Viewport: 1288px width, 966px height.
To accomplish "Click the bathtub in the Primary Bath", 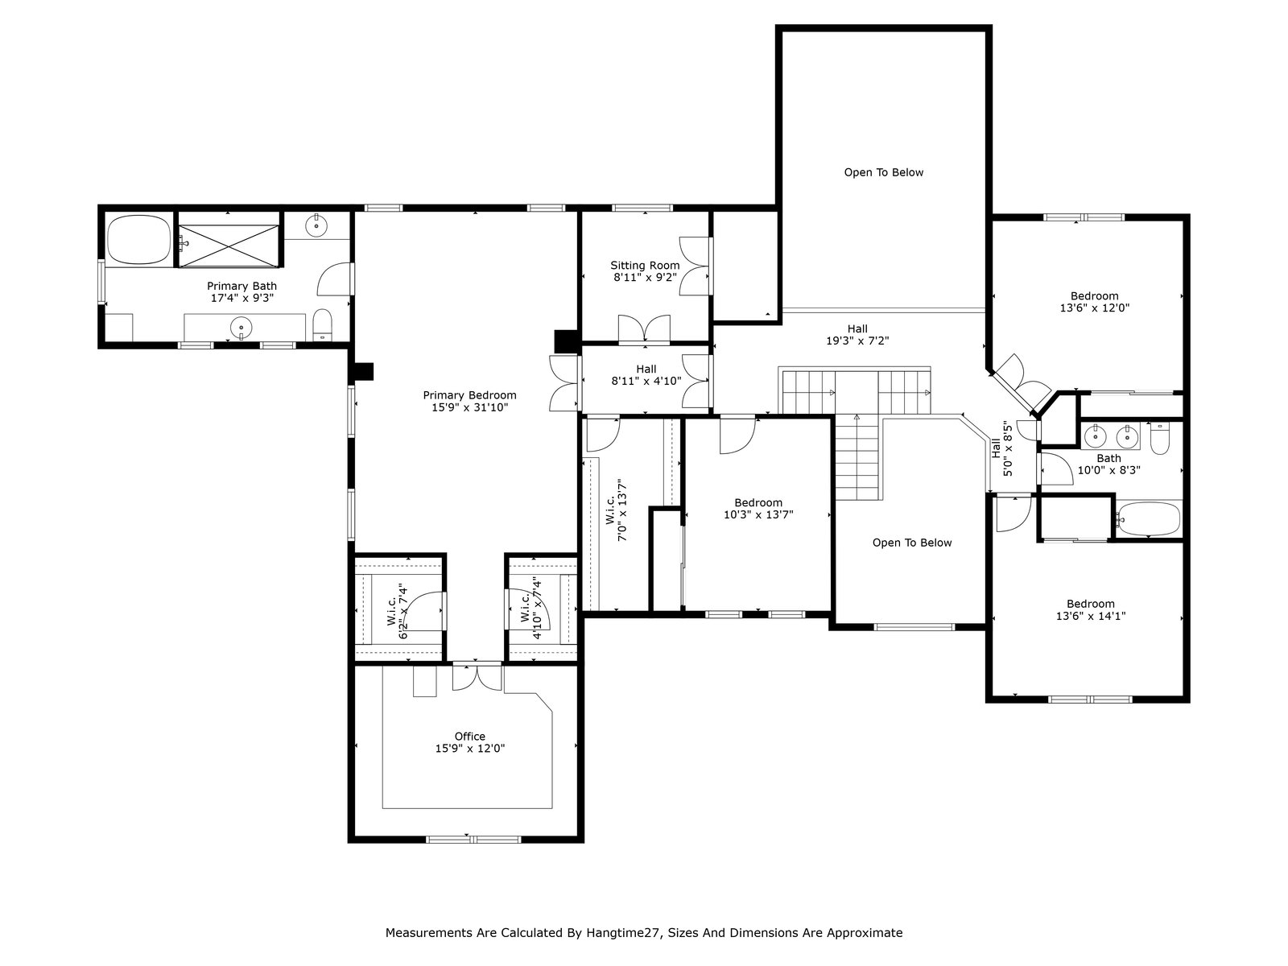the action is [x=139, y=240].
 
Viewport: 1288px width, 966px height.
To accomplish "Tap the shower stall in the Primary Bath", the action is [x=229, y=246].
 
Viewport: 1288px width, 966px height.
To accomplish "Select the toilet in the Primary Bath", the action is [x=322, y=325].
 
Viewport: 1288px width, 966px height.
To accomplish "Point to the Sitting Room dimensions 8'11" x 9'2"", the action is [x=645, y=278].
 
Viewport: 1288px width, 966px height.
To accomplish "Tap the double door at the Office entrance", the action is [x=477, y=678].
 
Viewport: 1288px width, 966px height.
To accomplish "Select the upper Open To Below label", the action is [x=884, y=172].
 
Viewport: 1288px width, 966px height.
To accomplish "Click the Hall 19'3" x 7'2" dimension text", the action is [x=857, y=341].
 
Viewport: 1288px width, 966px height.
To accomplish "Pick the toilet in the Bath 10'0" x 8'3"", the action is [x=1159, y=439].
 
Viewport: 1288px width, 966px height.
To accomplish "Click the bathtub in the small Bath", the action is [x=1149, y=519].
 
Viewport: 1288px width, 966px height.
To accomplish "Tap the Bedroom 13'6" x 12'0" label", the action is [x=1094, y=301].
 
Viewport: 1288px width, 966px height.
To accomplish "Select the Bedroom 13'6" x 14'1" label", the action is [x=1090, y=609].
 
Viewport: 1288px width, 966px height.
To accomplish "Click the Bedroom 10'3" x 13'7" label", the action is [x=758, y=509].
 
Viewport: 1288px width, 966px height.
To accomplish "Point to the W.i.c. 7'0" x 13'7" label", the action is [x=616, y=510].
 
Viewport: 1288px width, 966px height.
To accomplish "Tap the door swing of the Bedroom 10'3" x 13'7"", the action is [x=738, y=436].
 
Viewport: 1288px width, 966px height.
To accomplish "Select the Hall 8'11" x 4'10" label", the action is [x=646, y=375].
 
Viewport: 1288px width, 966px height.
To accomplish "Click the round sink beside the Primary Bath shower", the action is [x=316, y=225].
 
